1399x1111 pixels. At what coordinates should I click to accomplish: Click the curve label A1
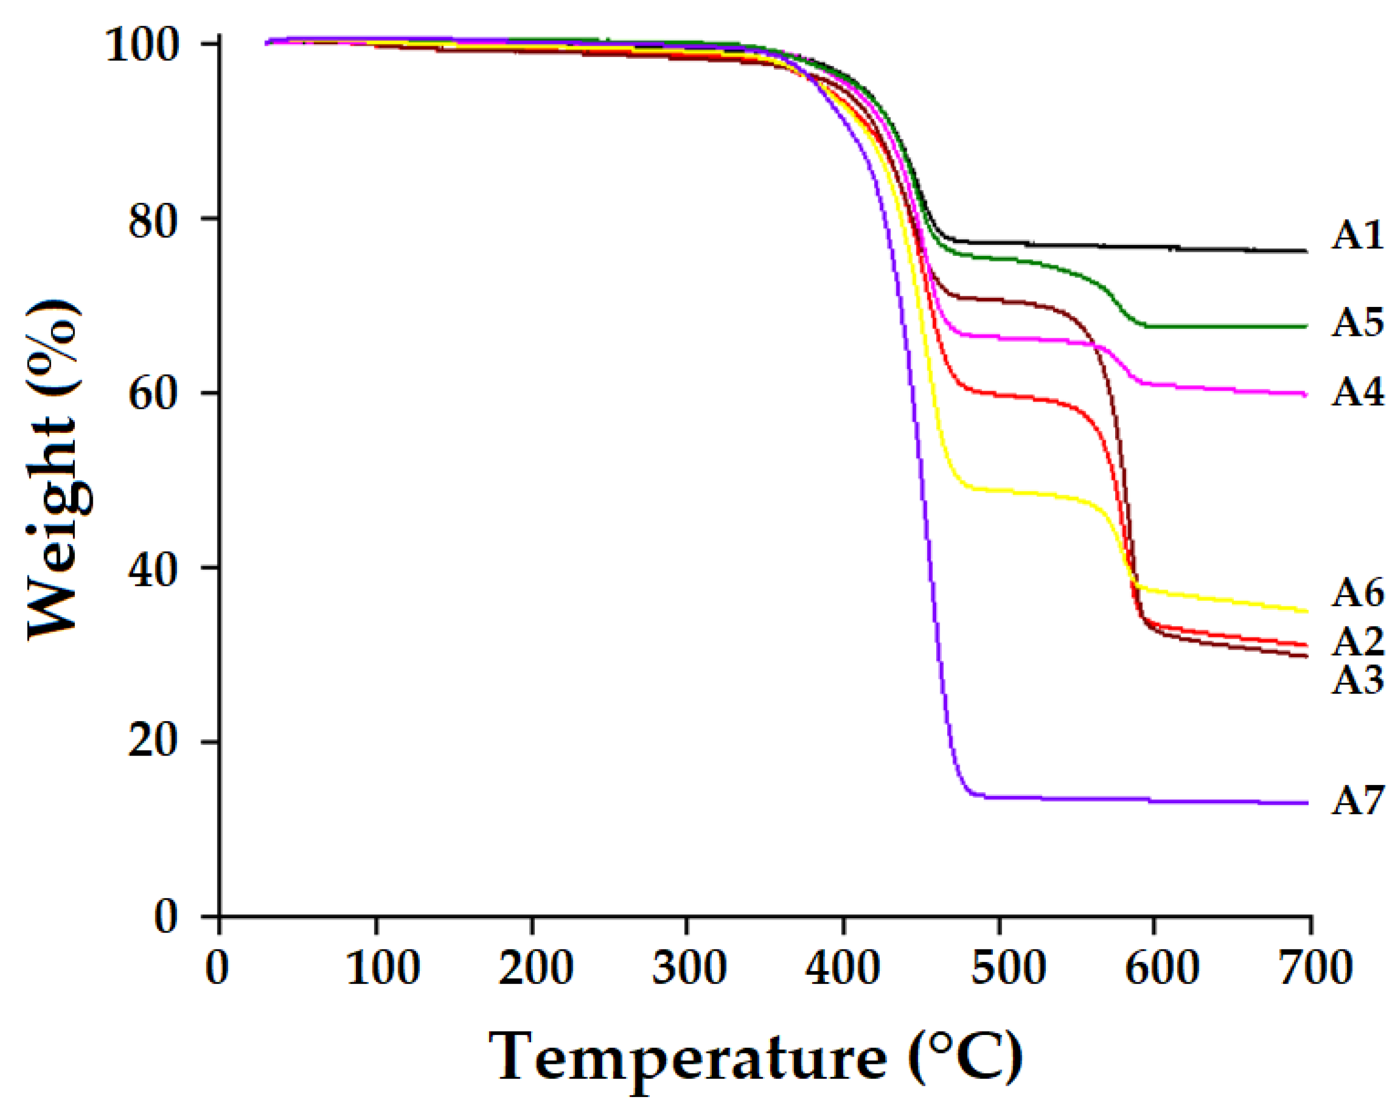(1357, 235)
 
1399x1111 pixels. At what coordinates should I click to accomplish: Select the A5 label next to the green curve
(1357, 322)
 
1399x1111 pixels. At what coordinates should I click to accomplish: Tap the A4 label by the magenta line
(1357, 393)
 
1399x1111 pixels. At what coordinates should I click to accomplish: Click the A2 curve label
(1357, 642)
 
